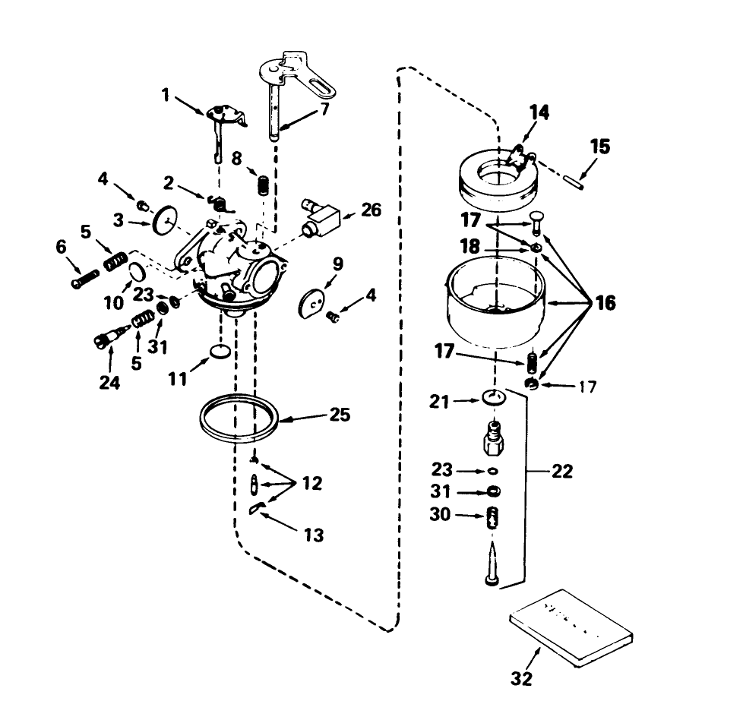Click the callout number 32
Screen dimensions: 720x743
point(521,678)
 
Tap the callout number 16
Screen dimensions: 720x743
point(605,303)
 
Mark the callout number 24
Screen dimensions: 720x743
point(109,383)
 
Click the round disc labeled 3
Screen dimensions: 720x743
point(163,221)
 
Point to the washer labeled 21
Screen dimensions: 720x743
point(494,398)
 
